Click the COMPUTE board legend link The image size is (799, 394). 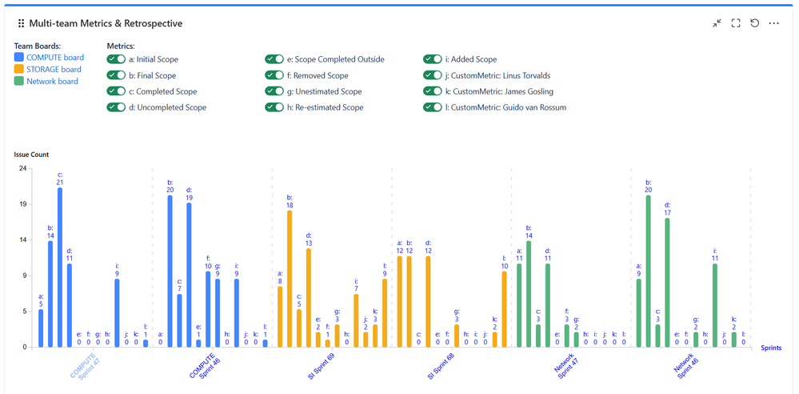pos(55,58)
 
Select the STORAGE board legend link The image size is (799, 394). pos(54,70)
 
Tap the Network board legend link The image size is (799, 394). pos(52,81)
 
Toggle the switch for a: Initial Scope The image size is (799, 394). pos(116,59)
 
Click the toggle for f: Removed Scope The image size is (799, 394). pos(274,75)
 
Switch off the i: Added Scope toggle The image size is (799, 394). pos(433,59)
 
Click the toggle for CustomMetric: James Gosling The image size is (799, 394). pos(433,91)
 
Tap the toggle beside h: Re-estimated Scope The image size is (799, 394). pos(274,107)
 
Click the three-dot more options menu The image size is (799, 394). pos(773,24)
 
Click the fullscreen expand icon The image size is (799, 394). pos(736,24)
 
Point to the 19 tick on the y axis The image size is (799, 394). pos(23,204)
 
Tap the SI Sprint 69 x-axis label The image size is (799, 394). pos(321,369)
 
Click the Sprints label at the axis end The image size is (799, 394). pos(770,348)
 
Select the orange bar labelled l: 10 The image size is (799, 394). pos(504,309)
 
